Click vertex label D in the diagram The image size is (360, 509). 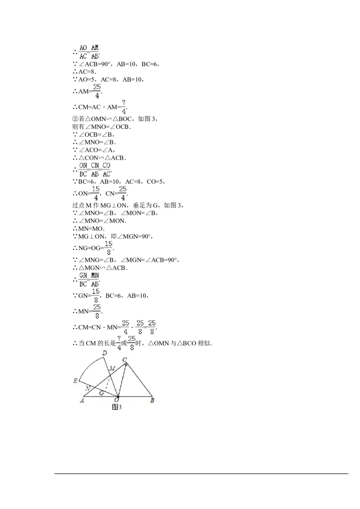(104, 353)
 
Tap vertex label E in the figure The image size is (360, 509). (75, 381)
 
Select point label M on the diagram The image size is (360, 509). (112, 369)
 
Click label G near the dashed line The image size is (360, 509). (102, 393)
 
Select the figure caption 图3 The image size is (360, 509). (117, 406)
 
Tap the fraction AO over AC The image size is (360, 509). (83, 52)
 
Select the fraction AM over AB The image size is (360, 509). (95, 52)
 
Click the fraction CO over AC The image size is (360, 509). (107, 170)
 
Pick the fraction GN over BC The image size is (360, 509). (83, 279)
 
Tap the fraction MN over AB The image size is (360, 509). (95, 279)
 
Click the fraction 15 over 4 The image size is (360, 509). (95, 193)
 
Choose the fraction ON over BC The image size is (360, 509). (83, 170)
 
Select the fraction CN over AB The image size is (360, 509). (95, 170)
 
